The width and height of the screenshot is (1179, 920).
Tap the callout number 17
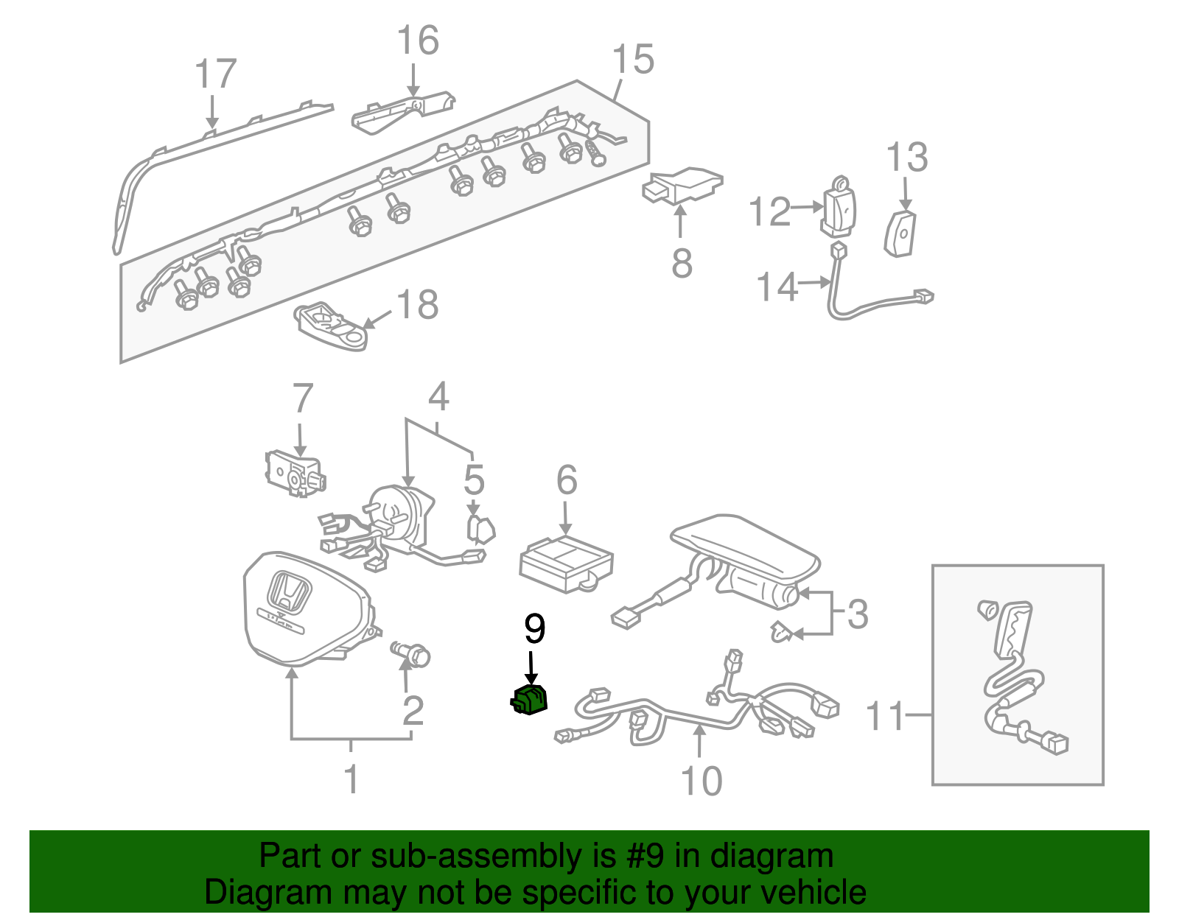[x=215, y=75]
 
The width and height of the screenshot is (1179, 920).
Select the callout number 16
[x=417, y=41]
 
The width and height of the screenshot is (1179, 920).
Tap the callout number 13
[x=906, y=158]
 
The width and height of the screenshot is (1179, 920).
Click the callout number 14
[x=777, y=287]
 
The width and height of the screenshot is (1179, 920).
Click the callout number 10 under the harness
[x=701, y=782]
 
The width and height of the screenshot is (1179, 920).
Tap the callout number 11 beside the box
[x=884, y=716]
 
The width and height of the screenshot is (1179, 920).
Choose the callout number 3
[x=857, y=614]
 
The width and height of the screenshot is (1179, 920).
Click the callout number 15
[x=632, y=60]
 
